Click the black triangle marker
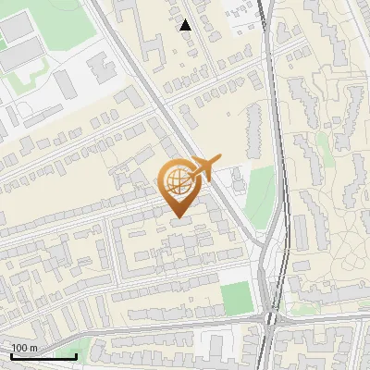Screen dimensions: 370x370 186,25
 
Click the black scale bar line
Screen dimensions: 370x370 43,356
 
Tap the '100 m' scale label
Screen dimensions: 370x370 24,347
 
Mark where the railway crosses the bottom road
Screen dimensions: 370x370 269,320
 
